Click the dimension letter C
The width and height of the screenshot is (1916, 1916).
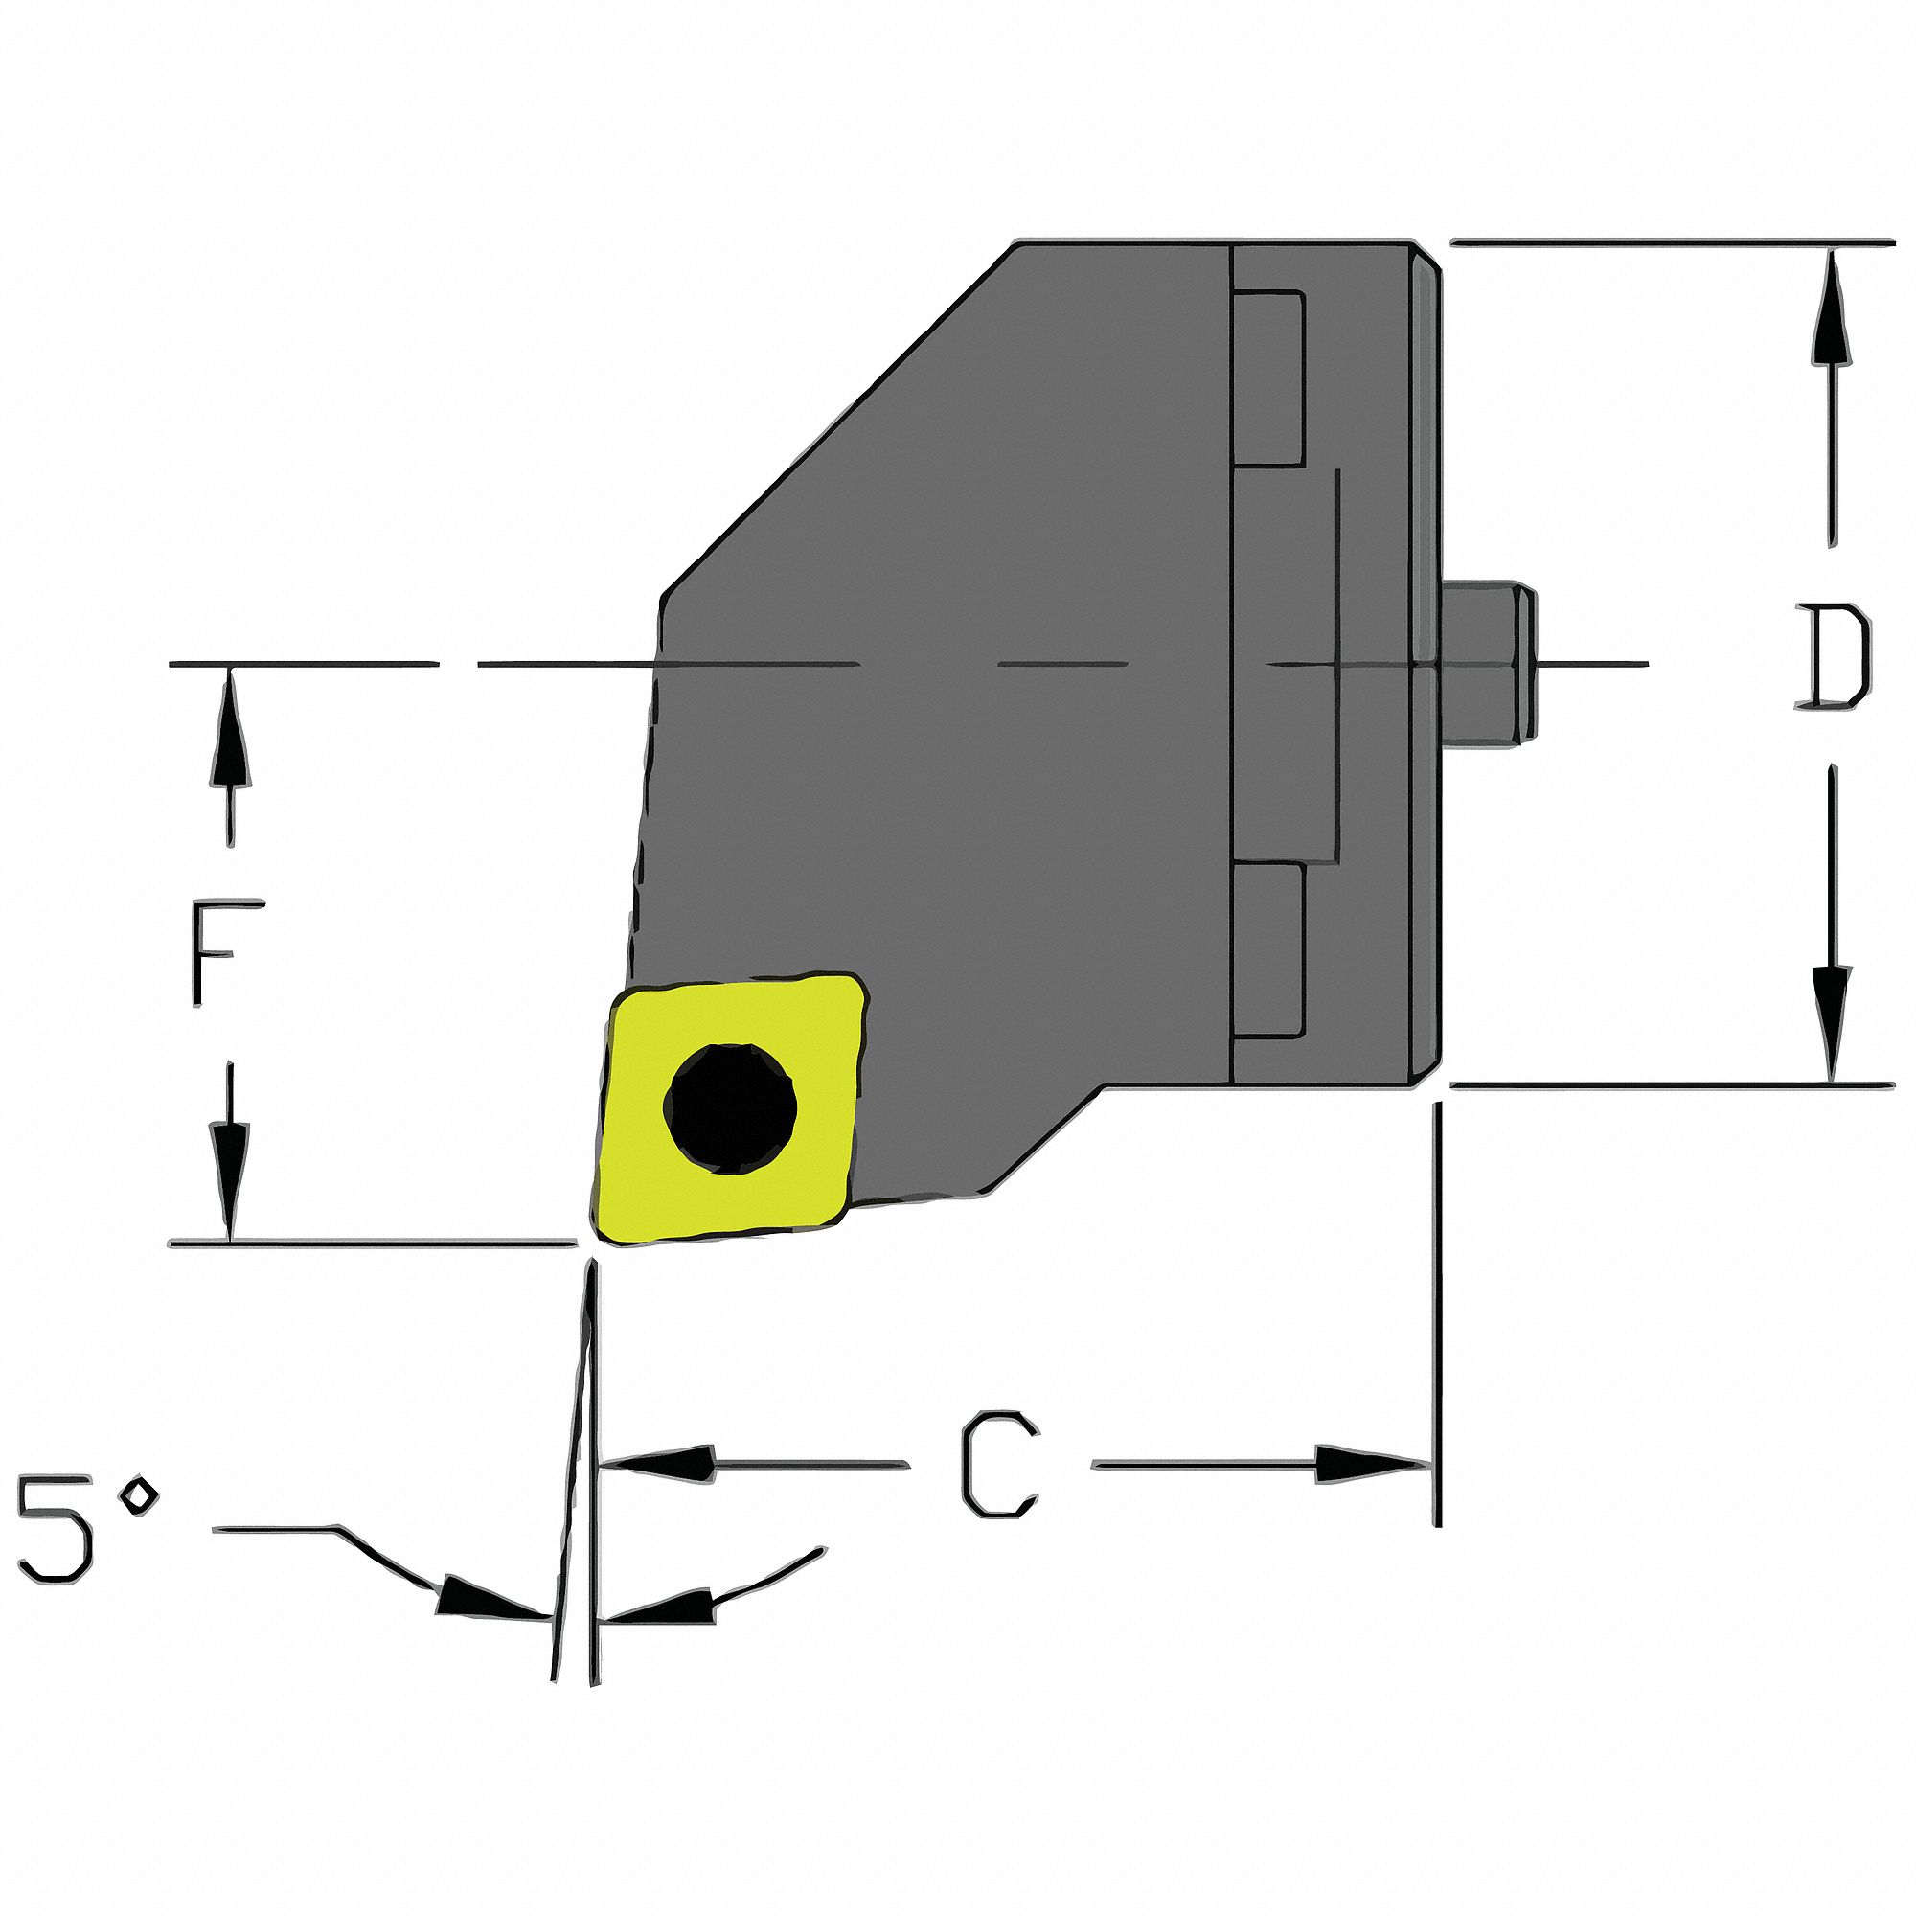[x=999, y=1464]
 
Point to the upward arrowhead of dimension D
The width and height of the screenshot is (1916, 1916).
[x=1831, y=308]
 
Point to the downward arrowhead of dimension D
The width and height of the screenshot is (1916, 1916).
[x=1831, y=1026]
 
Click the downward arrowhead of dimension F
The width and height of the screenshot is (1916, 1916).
[x=230, y=1180]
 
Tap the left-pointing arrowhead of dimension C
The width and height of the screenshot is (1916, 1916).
[x=659, y=1464]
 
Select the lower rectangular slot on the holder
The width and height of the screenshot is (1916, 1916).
[x=1267, y=950]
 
